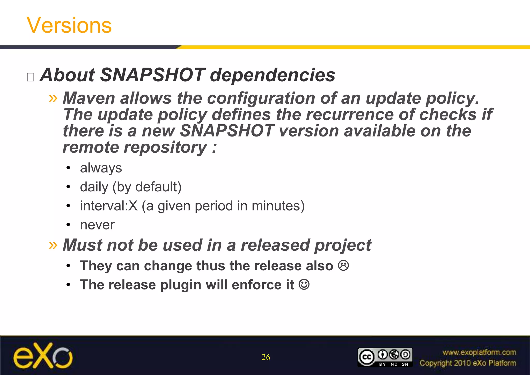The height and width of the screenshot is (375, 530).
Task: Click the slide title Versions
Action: [69, 25]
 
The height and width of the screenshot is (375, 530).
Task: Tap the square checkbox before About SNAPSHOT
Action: [31, 77]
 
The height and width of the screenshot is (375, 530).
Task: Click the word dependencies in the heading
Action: [272, 75]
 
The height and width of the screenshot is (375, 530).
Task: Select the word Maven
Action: [89, 98]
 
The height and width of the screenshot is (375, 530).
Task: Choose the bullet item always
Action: [101, 168]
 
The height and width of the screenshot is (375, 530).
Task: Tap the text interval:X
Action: [109, 206]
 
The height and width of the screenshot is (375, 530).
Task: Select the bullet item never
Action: [97, 225]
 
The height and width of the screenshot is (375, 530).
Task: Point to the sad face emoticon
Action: [343, 266]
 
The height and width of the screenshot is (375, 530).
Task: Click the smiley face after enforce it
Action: [304, 285]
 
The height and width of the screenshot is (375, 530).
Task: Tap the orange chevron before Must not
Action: [53, 245]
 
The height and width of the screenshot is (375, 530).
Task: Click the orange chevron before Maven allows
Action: [53, 98]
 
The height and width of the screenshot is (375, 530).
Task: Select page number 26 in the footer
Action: [266, 357]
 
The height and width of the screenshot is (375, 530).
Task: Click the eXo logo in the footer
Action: [43, 356]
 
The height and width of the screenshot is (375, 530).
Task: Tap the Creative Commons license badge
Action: [385, 357]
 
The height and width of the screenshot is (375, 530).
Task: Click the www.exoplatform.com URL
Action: [479, 352]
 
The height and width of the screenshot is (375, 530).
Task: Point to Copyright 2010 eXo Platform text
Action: [468, 363]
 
